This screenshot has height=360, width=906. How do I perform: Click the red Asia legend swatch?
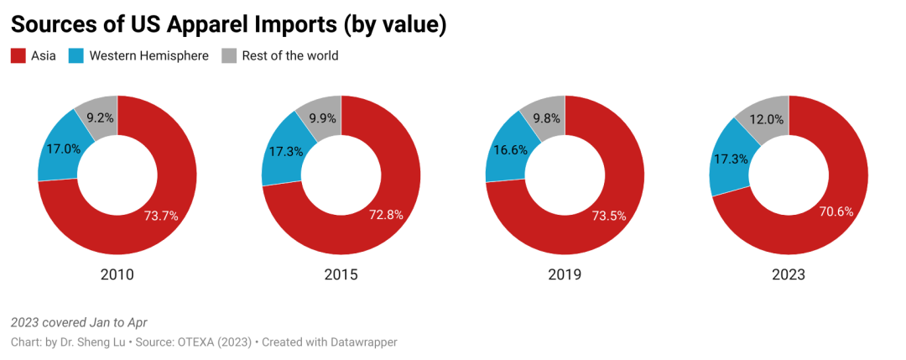point(18,56)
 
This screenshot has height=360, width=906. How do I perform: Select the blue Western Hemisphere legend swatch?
point(75,56)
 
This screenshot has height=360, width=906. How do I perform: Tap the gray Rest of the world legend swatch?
point(228,56)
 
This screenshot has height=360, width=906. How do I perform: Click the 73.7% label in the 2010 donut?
point(161,216)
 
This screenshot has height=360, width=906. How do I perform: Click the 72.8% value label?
point(386,214)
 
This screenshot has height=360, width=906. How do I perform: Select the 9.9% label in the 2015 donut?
point(324,118)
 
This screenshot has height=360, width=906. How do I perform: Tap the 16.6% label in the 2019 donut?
point(512,149)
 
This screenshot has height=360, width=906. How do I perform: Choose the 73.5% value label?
point(609,216)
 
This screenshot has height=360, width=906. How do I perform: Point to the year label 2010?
point(117,274)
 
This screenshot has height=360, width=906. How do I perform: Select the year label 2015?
point(341,274)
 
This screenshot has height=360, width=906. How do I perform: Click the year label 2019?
point(565,274)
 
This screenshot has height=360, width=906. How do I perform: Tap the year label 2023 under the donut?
point(789,274)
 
